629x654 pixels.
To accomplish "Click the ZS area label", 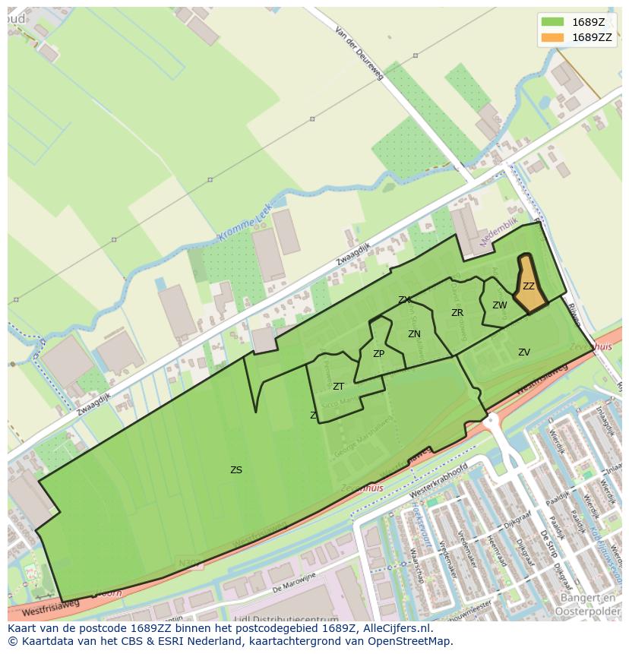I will pyautogui.click(x=236, y=470).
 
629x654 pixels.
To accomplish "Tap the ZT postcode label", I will pyautogui.click(x=338, y=387).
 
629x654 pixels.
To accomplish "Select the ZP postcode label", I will pyautogui.click(x=378, y=354).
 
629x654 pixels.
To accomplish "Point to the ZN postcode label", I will pyautogui.click(x=414, y=334).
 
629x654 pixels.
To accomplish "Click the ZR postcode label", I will pyautogui.click(x=457, y=313).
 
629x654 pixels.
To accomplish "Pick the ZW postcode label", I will pyautogui.click(x=499, y=305).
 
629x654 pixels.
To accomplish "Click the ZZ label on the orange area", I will pyautogui.click(x=529, y=286).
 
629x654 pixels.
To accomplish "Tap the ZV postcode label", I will pyautogui.click(x=524, y=352).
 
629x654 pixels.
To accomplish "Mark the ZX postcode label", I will pyautogui.click(x=404, y=300).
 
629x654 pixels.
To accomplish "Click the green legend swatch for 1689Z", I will pyautogui.click(x=552, y=22).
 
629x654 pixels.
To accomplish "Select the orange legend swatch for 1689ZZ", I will pyautogui.click(x=552, y=37).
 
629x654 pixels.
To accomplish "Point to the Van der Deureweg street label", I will pyautogui.click(x=360, y=53).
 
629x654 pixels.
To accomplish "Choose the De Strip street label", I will pyautogui.click(x=549, y=548).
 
